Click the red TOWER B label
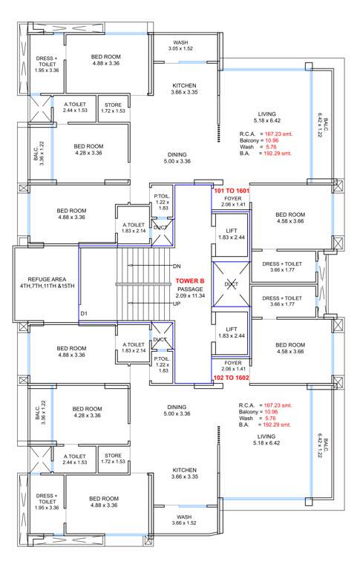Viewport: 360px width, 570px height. coord(191,281)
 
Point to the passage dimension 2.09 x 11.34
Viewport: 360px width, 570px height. coord(191,295)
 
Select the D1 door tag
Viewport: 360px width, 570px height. coord(84,314)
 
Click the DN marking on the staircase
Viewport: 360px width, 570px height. coord(177,266)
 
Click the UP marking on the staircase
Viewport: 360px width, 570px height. coord(177,304)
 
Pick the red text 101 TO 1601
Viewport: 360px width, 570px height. coord(232,191)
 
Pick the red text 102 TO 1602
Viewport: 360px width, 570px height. coord(232,377)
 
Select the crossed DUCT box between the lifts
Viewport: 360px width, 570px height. coord(230,284)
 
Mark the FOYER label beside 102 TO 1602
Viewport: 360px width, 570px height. coord(232,362)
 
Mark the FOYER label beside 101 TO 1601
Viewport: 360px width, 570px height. coord(232,199)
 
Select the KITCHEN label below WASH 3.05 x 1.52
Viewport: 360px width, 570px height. coord(183,85)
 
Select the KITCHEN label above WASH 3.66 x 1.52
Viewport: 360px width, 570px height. coord(183,470)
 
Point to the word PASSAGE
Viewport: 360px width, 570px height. coord(191,288)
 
